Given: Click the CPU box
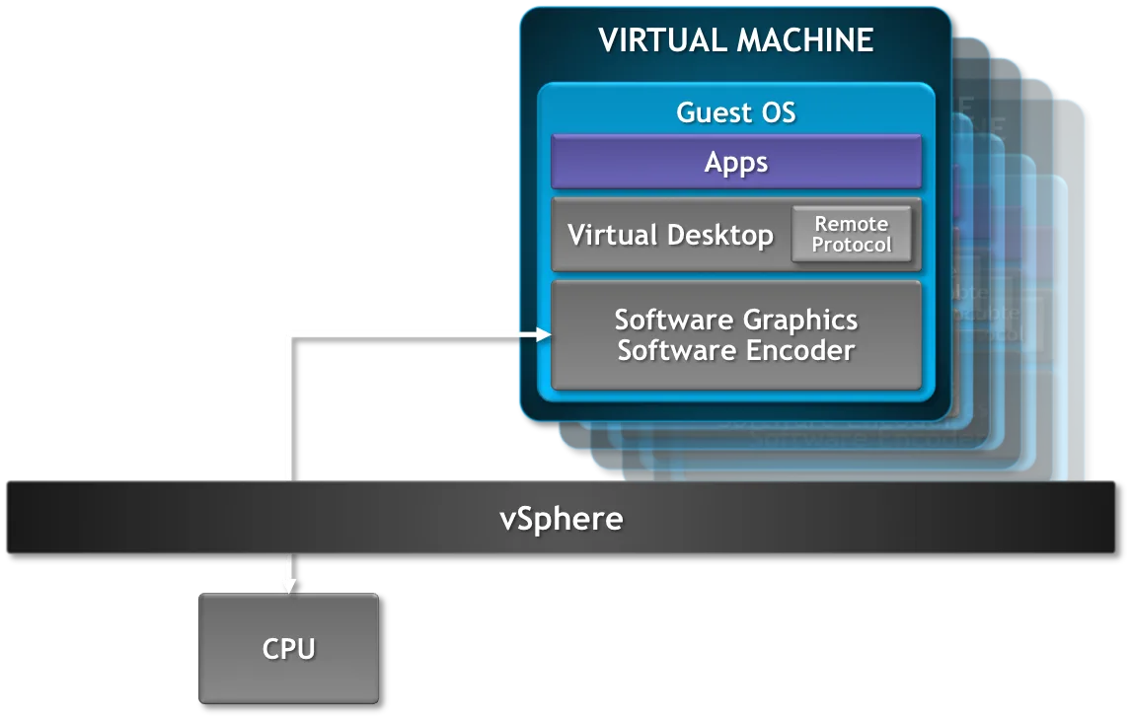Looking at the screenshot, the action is pyautogui.click(x=288, y=648).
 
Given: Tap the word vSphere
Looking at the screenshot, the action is pyautogui.click(x=562, y=519).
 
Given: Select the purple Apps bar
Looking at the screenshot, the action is pyautogui.click(x=735, y=162).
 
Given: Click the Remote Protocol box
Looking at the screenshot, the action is pyautogui.click(x=851, y=235).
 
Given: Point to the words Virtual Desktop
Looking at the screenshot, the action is pyautogui.click(x=670, y=235).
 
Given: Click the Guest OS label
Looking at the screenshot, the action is pyautogui.click(x=735, y=112).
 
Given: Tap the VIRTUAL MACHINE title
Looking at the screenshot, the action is pyautogui.click(x=735, y=40).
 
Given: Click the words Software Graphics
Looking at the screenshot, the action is pyautogui.click(x=735, y=321).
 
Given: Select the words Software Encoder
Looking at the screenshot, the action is pyautogui.click(x=735, y=350).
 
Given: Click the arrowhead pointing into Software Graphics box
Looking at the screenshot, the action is pyautogui.click(x=544, y=334).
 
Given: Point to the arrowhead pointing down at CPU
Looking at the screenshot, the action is pyautogui.click(x=291, y=586).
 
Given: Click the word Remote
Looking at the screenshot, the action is pyautogui.click(x=851, y=224).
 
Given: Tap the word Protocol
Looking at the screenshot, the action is pyautogui.click(x=851, y=246).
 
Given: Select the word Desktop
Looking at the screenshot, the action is pyautogui.click(x=719, y=236).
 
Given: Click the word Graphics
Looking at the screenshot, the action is pyautogui.click(x=800, y=321).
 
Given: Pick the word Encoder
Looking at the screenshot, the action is pyautogui.click(x=800, y=350).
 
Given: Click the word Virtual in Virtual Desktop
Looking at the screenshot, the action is pyautogui.click(x=613, y=235).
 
